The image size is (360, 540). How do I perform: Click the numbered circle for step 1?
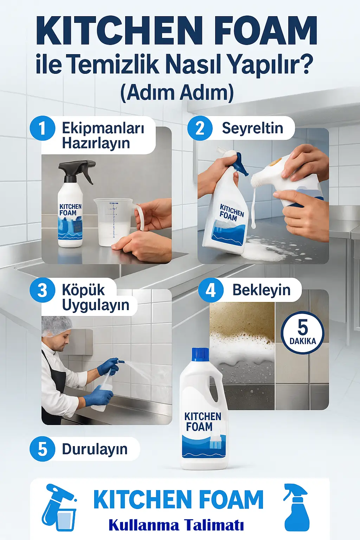(43, 128)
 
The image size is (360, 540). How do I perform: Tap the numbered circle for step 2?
(200, 128)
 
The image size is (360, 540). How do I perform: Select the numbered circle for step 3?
(43, 290)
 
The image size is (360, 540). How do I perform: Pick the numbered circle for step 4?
(211, 290)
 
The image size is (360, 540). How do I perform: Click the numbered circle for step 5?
(43, 449)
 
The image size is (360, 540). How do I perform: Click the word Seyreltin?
(252, 128)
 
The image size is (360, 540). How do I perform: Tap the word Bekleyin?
(261, 290)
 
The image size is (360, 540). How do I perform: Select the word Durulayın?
(95, 449)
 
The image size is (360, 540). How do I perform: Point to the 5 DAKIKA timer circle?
(302, 332)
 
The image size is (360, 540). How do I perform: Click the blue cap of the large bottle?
(200, 354)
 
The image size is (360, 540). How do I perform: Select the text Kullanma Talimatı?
(176, 525)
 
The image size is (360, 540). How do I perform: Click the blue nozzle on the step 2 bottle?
(241, 164)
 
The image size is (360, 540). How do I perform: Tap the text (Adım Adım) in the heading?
(177, 93)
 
